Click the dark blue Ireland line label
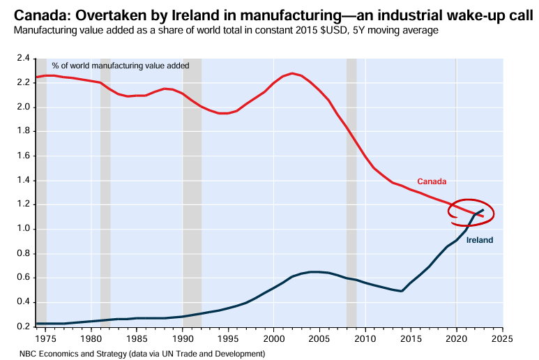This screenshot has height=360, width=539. click(x=479, y=240)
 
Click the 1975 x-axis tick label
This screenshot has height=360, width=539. click(x=46, y=338)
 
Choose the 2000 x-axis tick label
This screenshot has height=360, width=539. click(x=274, y=338)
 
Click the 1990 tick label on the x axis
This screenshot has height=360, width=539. click(x=183, y=338)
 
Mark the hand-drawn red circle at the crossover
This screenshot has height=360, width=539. click(x=471, y=212)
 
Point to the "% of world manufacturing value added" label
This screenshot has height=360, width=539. click(x=120, y=65)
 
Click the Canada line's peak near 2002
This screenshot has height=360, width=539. click(x=292, y=73)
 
